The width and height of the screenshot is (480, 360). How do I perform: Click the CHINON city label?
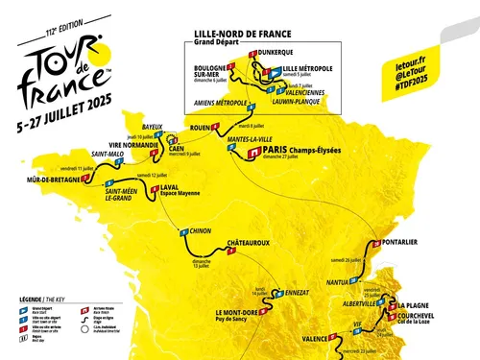(199, 231)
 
